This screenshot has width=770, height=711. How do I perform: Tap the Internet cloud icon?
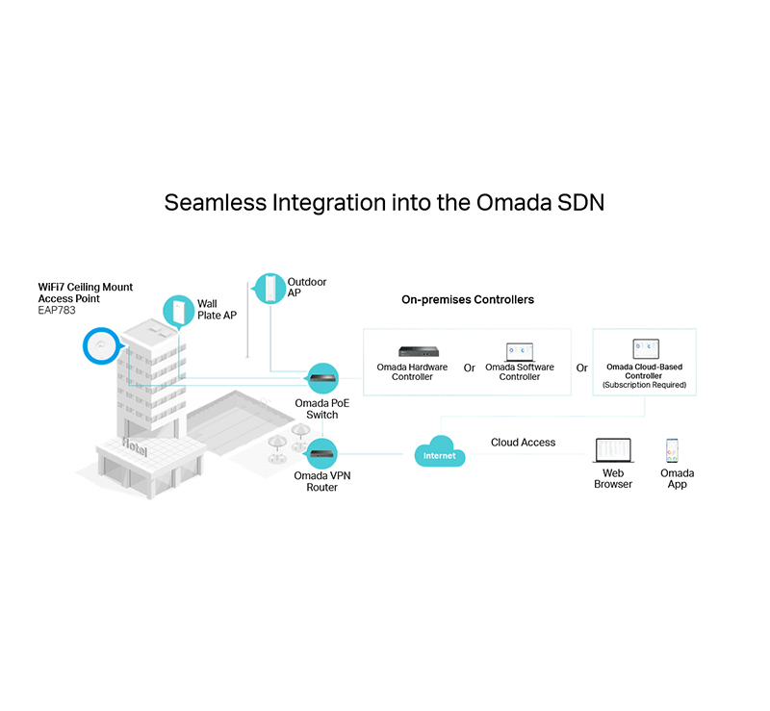click(440, 453)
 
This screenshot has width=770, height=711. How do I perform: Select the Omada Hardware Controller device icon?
click(412, 352)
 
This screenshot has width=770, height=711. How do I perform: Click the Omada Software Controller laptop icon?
click(519, 351)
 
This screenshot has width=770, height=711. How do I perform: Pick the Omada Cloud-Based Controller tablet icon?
click(645, 349)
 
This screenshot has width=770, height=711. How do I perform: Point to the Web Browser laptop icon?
click(612, 449)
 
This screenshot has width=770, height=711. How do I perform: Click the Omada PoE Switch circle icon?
click(321, 378)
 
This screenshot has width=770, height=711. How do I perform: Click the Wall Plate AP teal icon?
click(178, 310)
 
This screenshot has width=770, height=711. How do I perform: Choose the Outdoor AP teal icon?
click(269, 288)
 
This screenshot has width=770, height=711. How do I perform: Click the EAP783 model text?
click(58, 310)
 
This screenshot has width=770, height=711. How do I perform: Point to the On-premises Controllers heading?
click(468, 300)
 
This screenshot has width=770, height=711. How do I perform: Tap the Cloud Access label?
click(523, 443)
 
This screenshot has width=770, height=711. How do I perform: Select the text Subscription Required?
click(645, 385)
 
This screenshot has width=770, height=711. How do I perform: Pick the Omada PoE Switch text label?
click(321, 409)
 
